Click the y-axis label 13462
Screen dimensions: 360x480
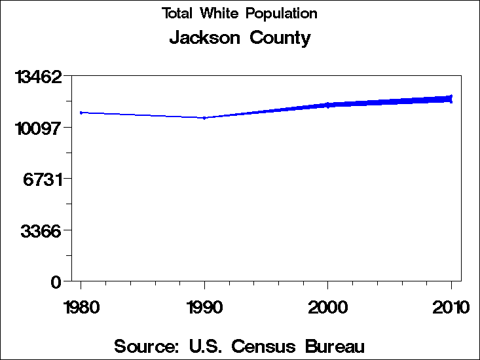(39, 77)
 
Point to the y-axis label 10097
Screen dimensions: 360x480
(39, 128)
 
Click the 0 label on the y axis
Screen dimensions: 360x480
(56, 282)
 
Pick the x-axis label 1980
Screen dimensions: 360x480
(81, 307)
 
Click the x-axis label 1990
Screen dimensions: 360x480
(205, 307)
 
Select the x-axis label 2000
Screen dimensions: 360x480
(328, 307)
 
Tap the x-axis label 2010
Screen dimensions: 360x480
(451, 307)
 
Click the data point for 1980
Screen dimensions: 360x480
(81, 113)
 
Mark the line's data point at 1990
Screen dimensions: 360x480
(205, 118)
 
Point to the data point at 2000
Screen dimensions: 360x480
(328, 105)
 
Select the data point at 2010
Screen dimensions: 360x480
(451, 98)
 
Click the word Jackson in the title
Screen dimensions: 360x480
(205, 38)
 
